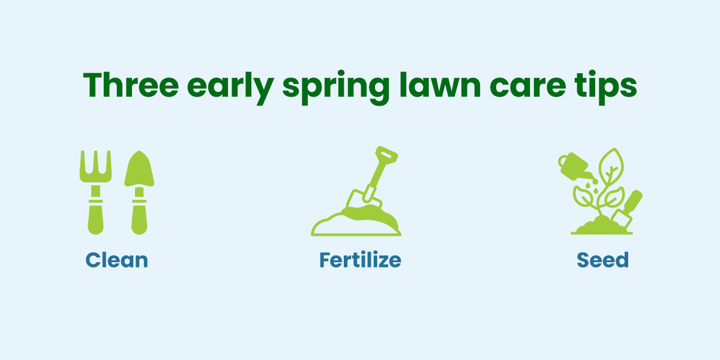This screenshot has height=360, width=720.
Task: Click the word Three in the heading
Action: (x=131, y=85)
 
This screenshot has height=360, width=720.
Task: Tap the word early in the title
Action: (x=230, y=88)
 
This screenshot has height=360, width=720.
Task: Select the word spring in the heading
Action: (x=336, y=88)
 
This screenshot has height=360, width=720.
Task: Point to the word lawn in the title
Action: (x=440, y=84)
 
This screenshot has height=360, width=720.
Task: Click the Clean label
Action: (x=116, y=260)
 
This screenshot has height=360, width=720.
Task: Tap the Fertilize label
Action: (x=361, y=260)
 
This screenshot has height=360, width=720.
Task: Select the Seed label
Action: (x=602, y=260)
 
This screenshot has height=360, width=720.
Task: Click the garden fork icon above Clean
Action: (x=95, y=192)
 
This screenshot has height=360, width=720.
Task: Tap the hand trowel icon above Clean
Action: (x=139, y=192)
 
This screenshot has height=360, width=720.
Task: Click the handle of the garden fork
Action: (x=95, y=217)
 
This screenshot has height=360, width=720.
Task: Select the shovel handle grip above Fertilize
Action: (x=386, y=155)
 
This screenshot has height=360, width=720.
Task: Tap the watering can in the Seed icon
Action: (x=575, y=167)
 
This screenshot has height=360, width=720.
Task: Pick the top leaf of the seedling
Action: (x=611, y=166)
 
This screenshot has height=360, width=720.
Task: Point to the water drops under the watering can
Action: (x=592, y=188)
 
